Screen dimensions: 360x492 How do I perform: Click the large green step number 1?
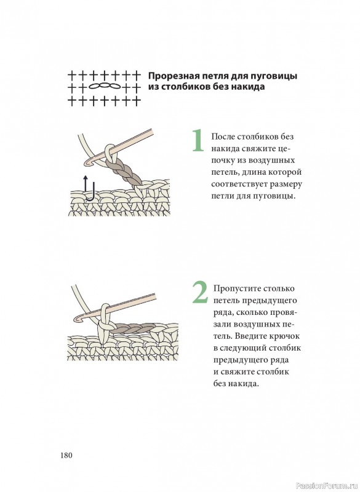[x=198, y=140]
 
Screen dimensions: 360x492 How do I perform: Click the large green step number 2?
[x=200, y=292]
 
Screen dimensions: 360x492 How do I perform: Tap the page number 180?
[x=66, y=455]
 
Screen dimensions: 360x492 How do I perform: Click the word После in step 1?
[x=223, y=137]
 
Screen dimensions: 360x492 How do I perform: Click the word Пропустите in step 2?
[x=237, y=289]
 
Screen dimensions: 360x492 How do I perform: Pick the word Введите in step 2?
[x=250, y=336]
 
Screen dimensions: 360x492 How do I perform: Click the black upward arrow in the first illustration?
[x=86, y=183]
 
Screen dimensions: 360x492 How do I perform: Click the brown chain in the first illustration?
[x=123, y=172]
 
